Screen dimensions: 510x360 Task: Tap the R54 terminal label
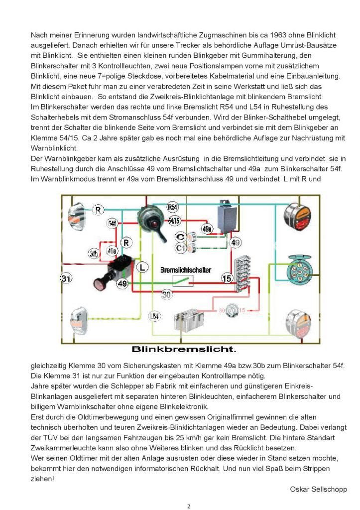172,207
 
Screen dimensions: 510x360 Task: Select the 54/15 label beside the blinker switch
174,220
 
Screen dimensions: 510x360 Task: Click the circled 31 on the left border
66,278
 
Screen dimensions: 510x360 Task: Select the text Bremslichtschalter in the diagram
185,270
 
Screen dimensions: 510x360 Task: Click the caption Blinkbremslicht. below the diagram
184,349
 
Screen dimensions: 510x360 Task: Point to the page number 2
189,507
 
